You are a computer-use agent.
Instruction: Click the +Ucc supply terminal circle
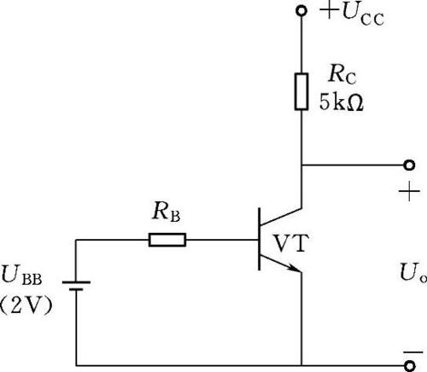pos(301,11)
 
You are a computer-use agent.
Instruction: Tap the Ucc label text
pos(363,15)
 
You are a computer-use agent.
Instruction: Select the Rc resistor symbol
pos(301,91)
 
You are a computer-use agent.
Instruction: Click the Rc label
pos(342,73)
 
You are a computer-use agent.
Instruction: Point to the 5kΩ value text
pos(342,102)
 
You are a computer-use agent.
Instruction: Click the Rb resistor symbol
pos(167,240)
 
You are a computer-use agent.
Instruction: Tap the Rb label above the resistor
pos(167,212)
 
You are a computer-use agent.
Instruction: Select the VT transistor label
pos(291,243)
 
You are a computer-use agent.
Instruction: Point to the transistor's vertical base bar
pos(259,239)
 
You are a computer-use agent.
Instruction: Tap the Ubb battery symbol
pos(76,286)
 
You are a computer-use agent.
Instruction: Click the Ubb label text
pos(22,275)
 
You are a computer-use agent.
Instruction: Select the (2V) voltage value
pos(26,305)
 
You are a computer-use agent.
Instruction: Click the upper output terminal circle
pos(409,165)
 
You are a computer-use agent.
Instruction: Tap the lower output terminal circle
pos(410,366)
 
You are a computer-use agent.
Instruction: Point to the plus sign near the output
pos(409,191)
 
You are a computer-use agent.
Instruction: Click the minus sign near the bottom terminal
pos(413,352)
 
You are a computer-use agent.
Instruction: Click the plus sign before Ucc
pos(330,10)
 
